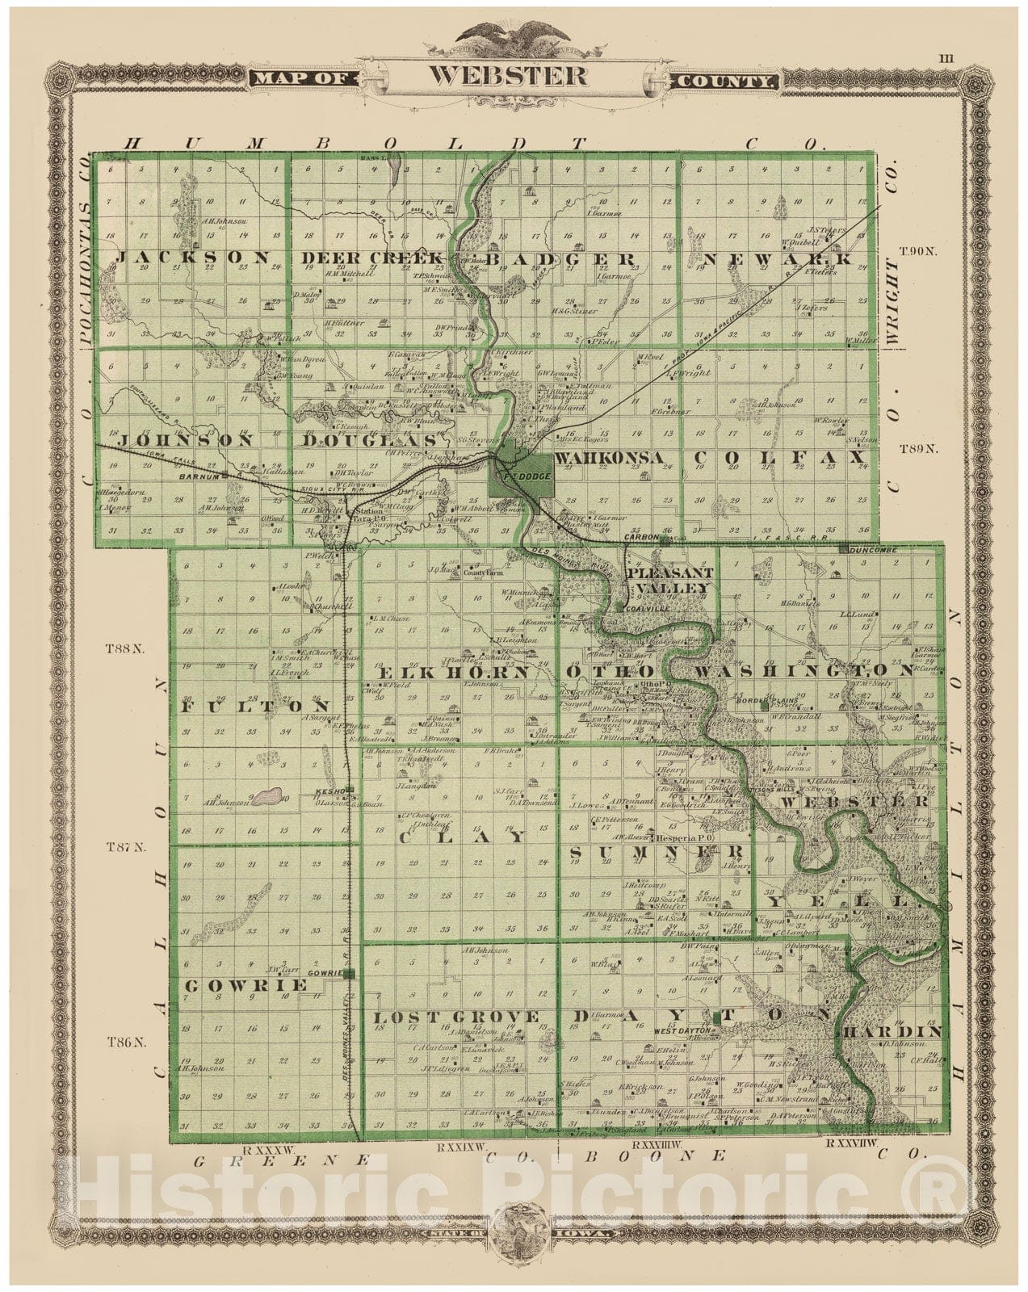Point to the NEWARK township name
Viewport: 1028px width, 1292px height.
(x=778, y=258)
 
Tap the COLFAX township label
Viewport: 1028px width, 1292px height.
(x=780, y=458)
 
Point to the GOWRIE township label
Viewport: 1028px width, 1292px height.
(x=246, y=985)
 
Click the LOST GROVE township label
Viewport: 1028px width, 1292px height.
(x=456, y=1017)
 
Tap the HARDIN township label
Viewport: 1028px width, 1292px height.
(x=892, y=1032)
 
